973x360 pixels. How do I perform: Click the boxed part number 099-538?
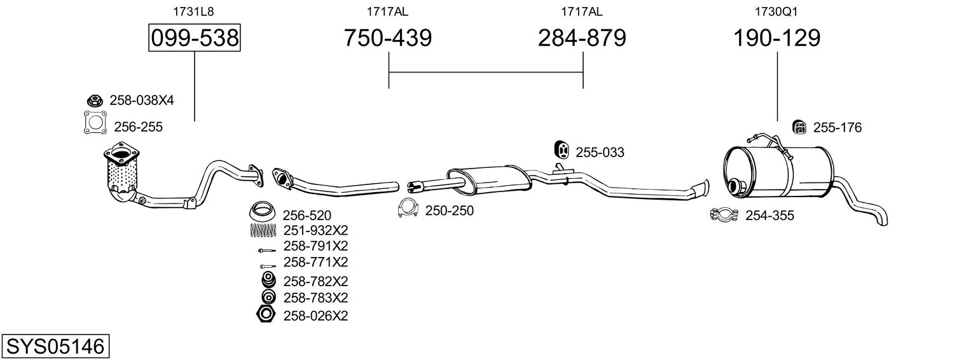[195, 38]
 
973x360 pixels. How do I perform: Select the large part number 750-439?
[388, 38]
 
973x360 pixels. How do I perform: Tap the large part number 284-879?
[582, 38]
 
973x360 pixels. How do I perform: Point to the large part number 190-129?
[776, 38]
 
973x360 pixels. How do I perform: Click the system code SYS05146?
[55, 347]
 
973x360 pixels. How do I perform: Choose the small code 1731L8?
[193, 11]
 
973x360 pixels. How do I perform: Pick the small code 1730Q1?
[776, 11]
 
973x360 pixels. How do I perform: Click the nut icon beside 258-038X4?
[94, 100]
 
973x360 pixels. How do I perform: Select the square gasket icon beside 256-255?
[95, 123]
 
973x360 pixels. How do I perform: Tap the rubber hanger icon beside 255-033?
[562, 150]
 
